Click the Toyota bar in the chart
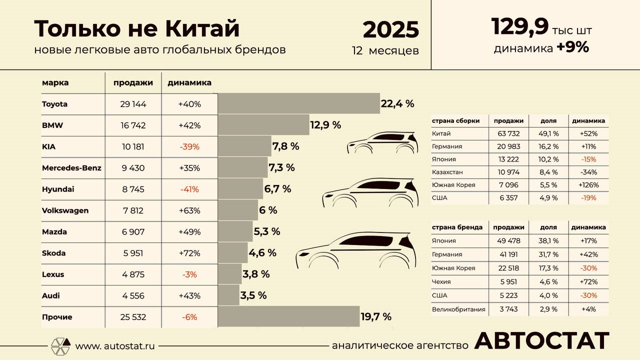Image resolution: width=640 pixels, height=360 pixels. (x=299, y=103)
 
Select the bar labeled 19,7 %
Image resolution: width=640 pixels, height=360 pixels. (x=289, y=316)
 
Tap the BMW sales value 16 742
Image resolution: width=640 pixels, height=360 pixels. (x=133, y=125)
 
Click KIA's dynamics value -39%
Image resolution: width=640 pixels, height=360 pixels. (x=189, y=147)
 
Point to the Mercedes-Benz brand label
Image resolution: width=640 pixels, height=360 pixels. (x=71, y=168)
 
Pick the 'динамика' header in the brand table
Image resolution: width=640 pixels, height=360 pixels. (x=189, y=82)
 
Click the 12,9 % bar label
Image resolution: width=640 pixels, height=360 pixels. (x=325, y=125)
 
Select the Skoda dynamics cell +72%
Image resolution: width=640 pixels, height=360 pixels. (x=189, y=253)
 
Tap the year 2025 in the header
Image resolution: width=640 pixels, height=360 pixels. (x=390, y=30)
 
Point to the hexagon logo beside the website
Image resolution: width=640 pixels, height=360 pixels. (x=60, y=346)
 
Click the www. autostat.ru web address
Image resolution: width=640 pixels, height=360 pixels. (x=115, y=346)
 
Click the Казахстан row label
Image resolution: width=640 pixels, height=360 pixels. (x=447, y=172)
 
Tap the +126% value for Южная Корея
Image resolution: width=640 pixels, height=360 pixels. (x=588, y=185)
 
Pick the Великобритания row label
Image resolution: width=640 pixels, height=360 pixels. (x=458, y=309)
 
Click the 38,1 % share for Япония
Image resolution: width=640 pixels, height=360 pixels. (x=548, y=240)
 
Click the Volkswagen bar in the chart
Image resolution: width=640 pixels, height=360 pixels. (x=238, y=210)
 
